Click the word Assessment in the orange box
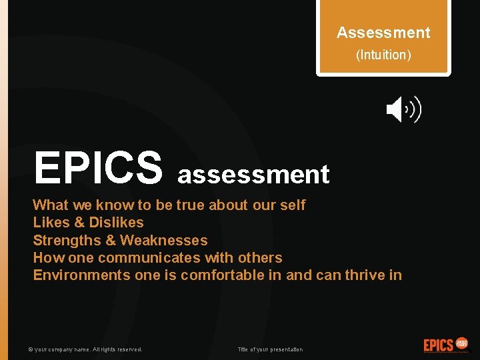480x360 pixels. (x=383, y=33)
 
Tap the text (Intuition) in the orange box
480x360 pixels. (x=383, y=55)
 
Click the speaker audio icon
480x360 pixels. (x=403, y=109)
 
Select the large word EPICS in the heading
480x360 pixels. (x=98, y=167)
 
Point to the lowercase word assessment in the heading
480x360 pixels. (x=253, y=175)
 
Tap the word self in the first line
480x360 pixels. (x=292, y=205)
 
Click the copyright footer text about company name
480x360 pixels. (x=85, y=349)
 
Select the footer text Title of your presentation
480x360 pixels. (x=270, y=349)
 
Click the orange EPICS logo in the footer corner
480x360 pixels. (x=446, y=345)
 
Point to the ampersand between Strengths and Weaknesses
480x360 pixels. (x=111, y=240)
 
